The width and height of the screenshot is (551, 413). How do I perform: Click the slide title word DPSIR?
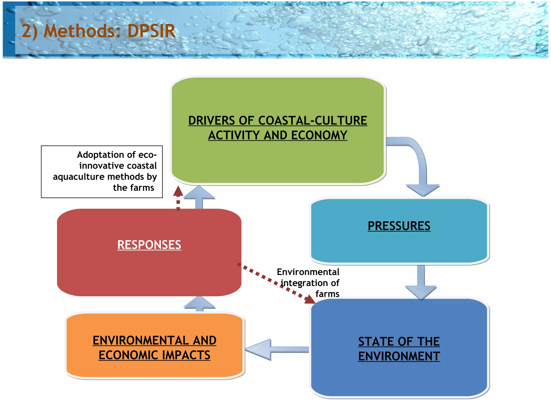(151, 31)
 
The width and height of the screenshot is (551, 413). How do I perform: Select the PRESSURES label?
(399, 226)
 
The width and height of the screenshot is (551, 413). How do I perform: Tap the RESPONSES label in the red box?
(149, 245)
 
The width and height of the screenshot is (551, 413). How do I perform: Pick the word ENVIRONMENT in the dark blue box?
(399, 357)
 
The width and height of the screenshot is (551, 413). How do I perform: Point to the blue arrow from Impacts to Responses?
(199, 304)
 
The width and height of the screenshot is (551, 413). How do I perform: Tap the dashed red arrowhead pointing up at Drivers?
(178, 191)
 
